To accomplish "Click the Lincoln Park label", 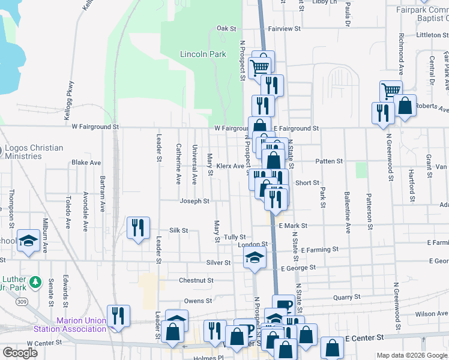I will pos(203,54).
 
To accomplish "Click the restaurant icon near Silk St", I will pos(138,228).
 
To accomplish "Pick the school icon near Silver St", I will pos(255,259).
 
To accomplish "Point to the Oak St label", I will pos(227,28).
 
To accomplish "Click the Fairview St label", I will pos(284,28).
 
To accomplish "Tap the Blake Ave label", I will pos(86,163).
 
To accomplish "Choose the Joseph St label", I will pos(194,202).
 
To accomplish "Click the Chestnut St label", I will pos(196,280).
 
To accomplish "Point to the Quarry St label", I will pos(347,296).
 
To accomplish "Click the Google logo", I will pos(20,353).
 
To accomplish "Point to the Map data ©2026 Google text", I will pos(412,355).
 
